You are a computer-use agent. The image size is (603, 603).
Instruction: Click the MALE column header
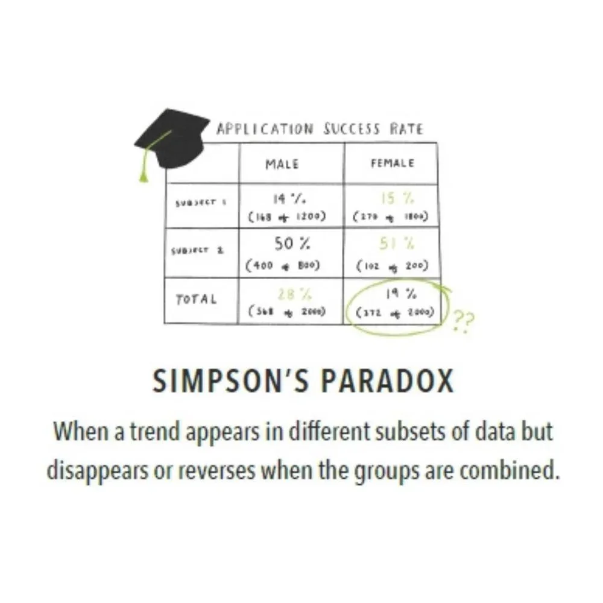coord(282,164)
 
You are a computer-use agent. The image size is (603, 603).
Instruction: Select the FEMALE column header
coord(392,163)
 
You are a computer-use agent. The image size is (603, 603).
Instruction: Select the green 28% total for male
coord(287,294)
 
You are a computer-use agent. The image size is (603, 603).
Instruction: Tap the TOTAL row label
coord(196,300)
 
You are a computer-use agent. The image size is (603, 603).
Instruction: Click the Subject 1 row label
coord(201,203)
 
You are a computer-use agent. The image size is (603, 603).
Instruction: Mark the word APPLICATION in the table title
coord(265,129)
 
